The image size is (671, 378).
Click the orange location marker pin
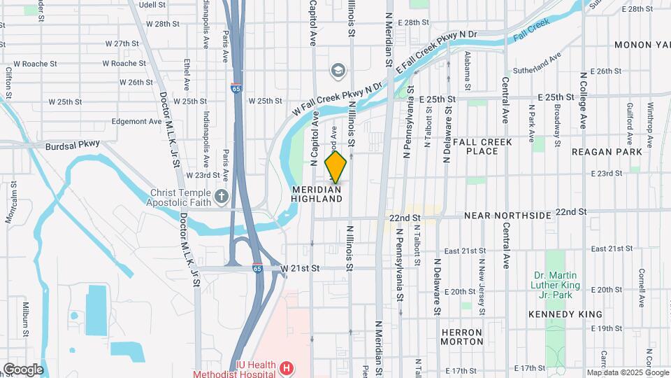click(335, 167)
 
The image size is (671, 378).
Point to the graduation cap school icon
click(338, 70)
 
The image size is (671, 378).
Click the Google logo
click(23, 370)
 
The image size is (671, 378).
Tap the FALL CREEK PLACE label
click(482, 146)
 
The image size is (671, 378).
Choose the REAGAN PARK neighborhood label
click(606, 152)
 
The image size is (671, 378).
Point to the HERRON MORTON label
click(462, 337)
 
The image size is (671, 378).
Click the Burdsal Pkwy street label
click(73, 145)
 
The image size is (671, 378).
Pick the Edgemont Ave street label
click(137, 121)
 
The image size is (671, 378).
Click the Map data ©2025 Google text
click(627, 372)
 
